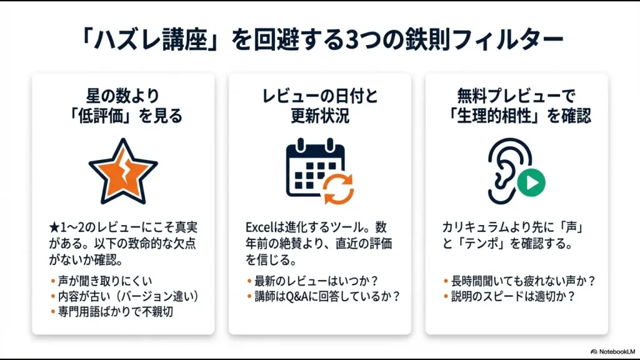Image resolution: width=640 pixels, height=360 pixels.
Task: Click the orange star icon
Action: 123,171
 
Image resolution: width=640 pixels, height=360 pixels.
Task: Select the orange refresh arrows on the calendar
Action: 339,188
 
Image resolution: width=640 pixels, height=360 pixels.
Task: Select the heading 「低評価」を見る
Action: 123,116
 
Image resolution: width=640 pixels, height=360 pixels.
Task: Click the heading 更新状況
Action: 320,116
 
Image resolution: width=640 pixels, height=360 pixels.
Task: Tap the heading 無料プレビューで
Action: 516,97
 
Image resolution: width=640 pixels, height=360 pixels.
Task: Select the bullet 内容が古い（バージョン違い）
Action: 124,296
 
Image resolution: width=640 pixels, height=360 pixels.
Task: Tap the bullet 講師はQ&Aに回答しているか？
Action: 327,296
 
